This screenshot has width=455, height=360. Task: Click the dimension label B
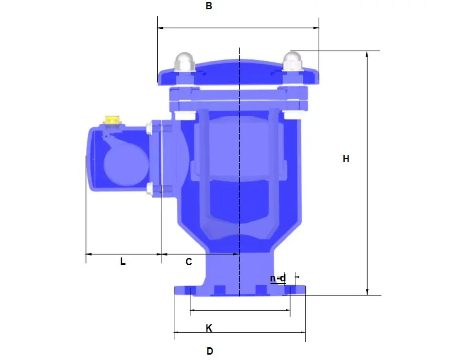[208, 6]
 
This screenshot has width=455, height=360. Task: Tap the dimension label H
[346, 159]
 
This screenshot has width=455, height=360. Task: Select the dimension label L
[123, 261]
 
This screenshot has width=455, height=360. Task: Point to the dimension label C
[188, 261]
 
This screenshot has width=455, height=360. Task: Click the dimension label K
[209, 328]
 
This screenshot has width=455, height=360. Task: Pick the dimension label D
[209, 351]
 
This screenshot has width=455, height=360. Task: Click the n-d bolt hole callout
[278, 278]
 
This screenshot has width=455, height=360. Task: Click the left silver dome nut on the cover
[185, 61]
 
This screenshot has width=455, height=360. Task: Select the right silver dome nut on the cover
[292, 61]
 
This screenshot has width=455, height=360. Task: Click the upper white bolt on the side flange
[148, 128]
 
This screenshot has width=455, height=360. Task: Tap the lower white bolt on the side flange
[148, 188]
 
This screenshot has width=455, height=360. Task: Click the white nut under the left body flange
[186, 116]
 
